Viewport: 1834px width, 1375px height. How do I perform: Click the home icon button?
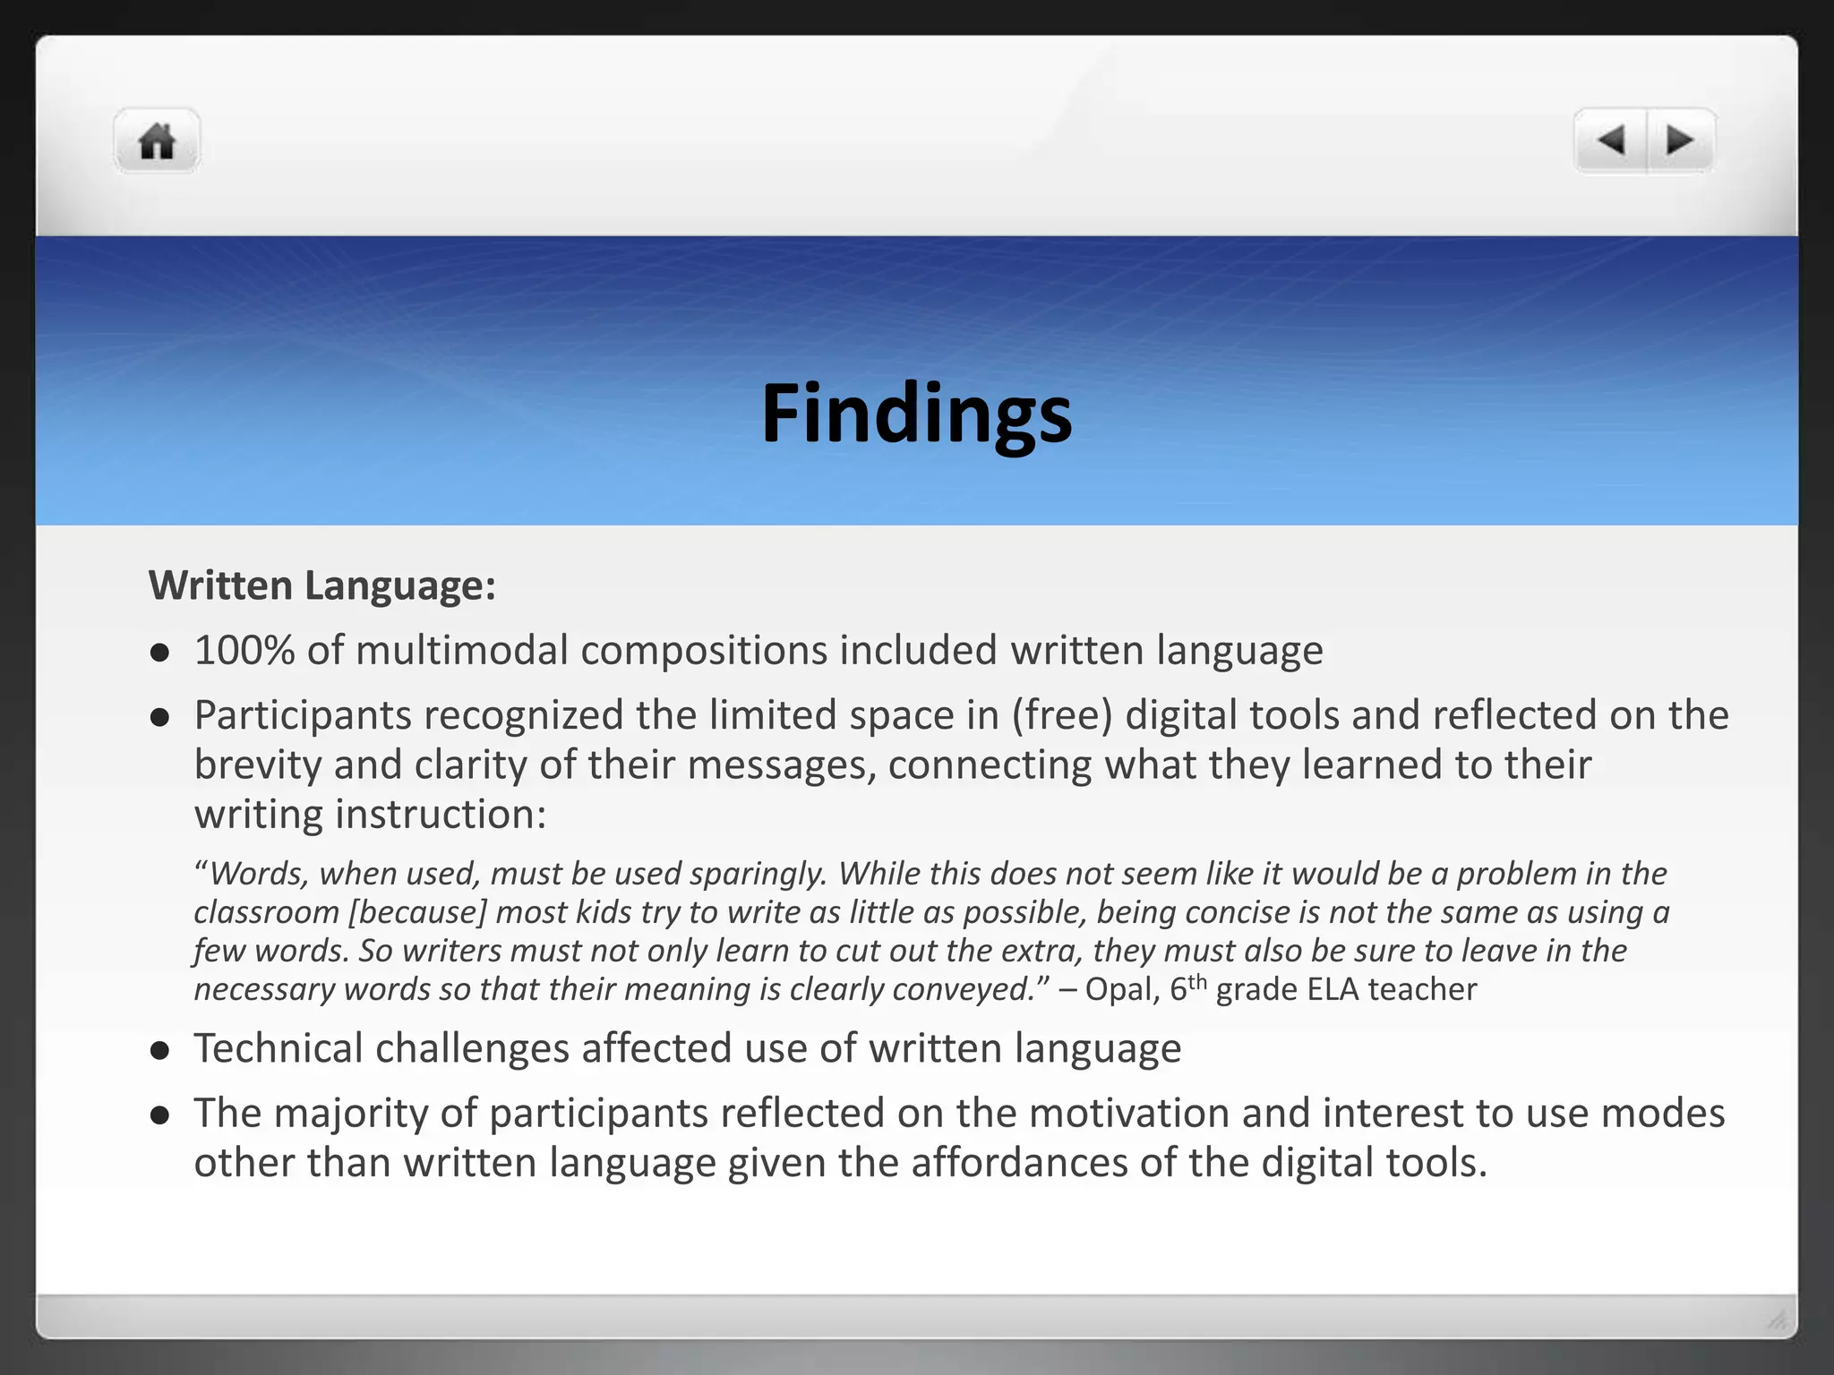(157, 141)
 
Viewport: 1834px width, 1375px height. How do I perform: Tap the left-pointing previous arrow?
(1611, 141)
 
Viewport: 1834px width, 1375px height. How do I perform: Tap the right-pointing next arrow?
(1679, 141)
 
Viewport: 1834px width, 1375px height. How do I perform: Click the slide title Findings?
(916, 413)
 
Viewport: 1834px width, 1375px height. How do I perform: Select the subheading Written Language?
(322, 585)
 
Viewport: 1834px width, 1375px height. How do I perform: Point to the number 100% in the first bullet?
(244, 650)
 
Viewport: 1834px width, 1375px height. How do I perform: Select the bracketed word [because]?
(417, 912)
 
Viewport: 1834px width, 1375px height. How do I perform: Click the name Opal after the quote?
(1113, 989)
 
